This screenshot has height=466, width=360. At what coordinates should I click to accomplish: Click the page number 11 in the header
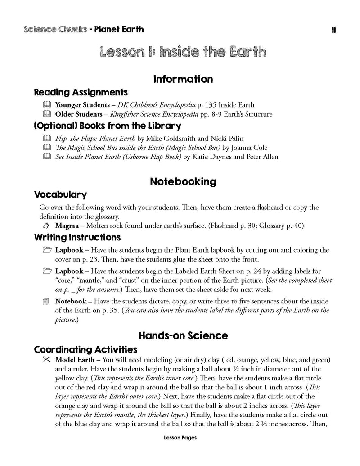[334, 30]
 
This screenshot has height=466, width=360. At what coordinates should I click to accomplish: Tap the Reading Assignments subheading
[81, 92]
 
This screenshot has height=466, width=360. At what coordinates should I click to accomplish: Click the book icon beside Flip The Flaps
[45, 138]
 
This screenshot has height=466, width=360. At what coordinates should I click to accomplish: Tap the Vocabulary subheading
[60, 195]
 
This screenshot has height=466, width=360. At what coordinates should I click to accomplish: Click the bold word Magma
[67, 225]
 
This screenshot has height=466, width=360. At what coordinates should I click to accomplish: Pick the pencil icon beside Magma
[45, 225]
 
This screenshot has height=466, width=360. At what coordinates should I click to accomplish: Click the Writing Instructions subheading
[77, 237]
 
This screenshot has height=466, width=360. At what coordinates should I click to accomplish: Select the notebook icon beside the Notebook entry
[45, 301]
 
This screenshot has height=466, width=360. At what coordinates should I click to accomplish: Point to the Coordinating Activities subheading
[85, 349]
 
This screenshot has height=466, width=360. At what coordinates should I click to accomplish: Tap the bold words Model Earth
[75, 360]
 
